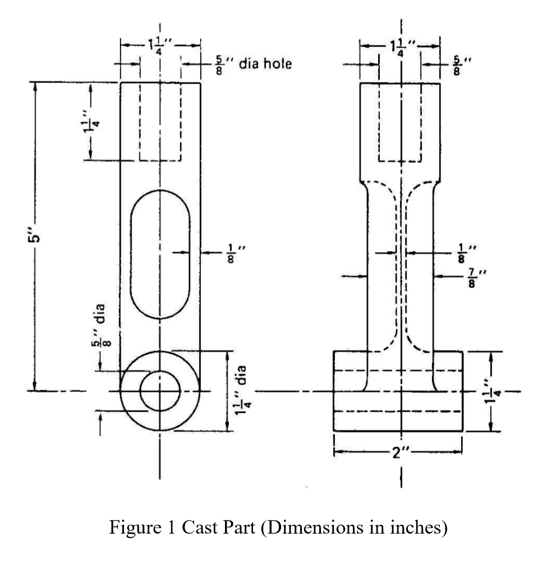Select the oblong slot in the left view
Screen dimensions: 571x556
pyautogui.click(x=160, y=254)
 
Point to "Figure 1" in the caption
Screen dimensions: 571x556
pyautogui.click(x=148, y=528)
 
